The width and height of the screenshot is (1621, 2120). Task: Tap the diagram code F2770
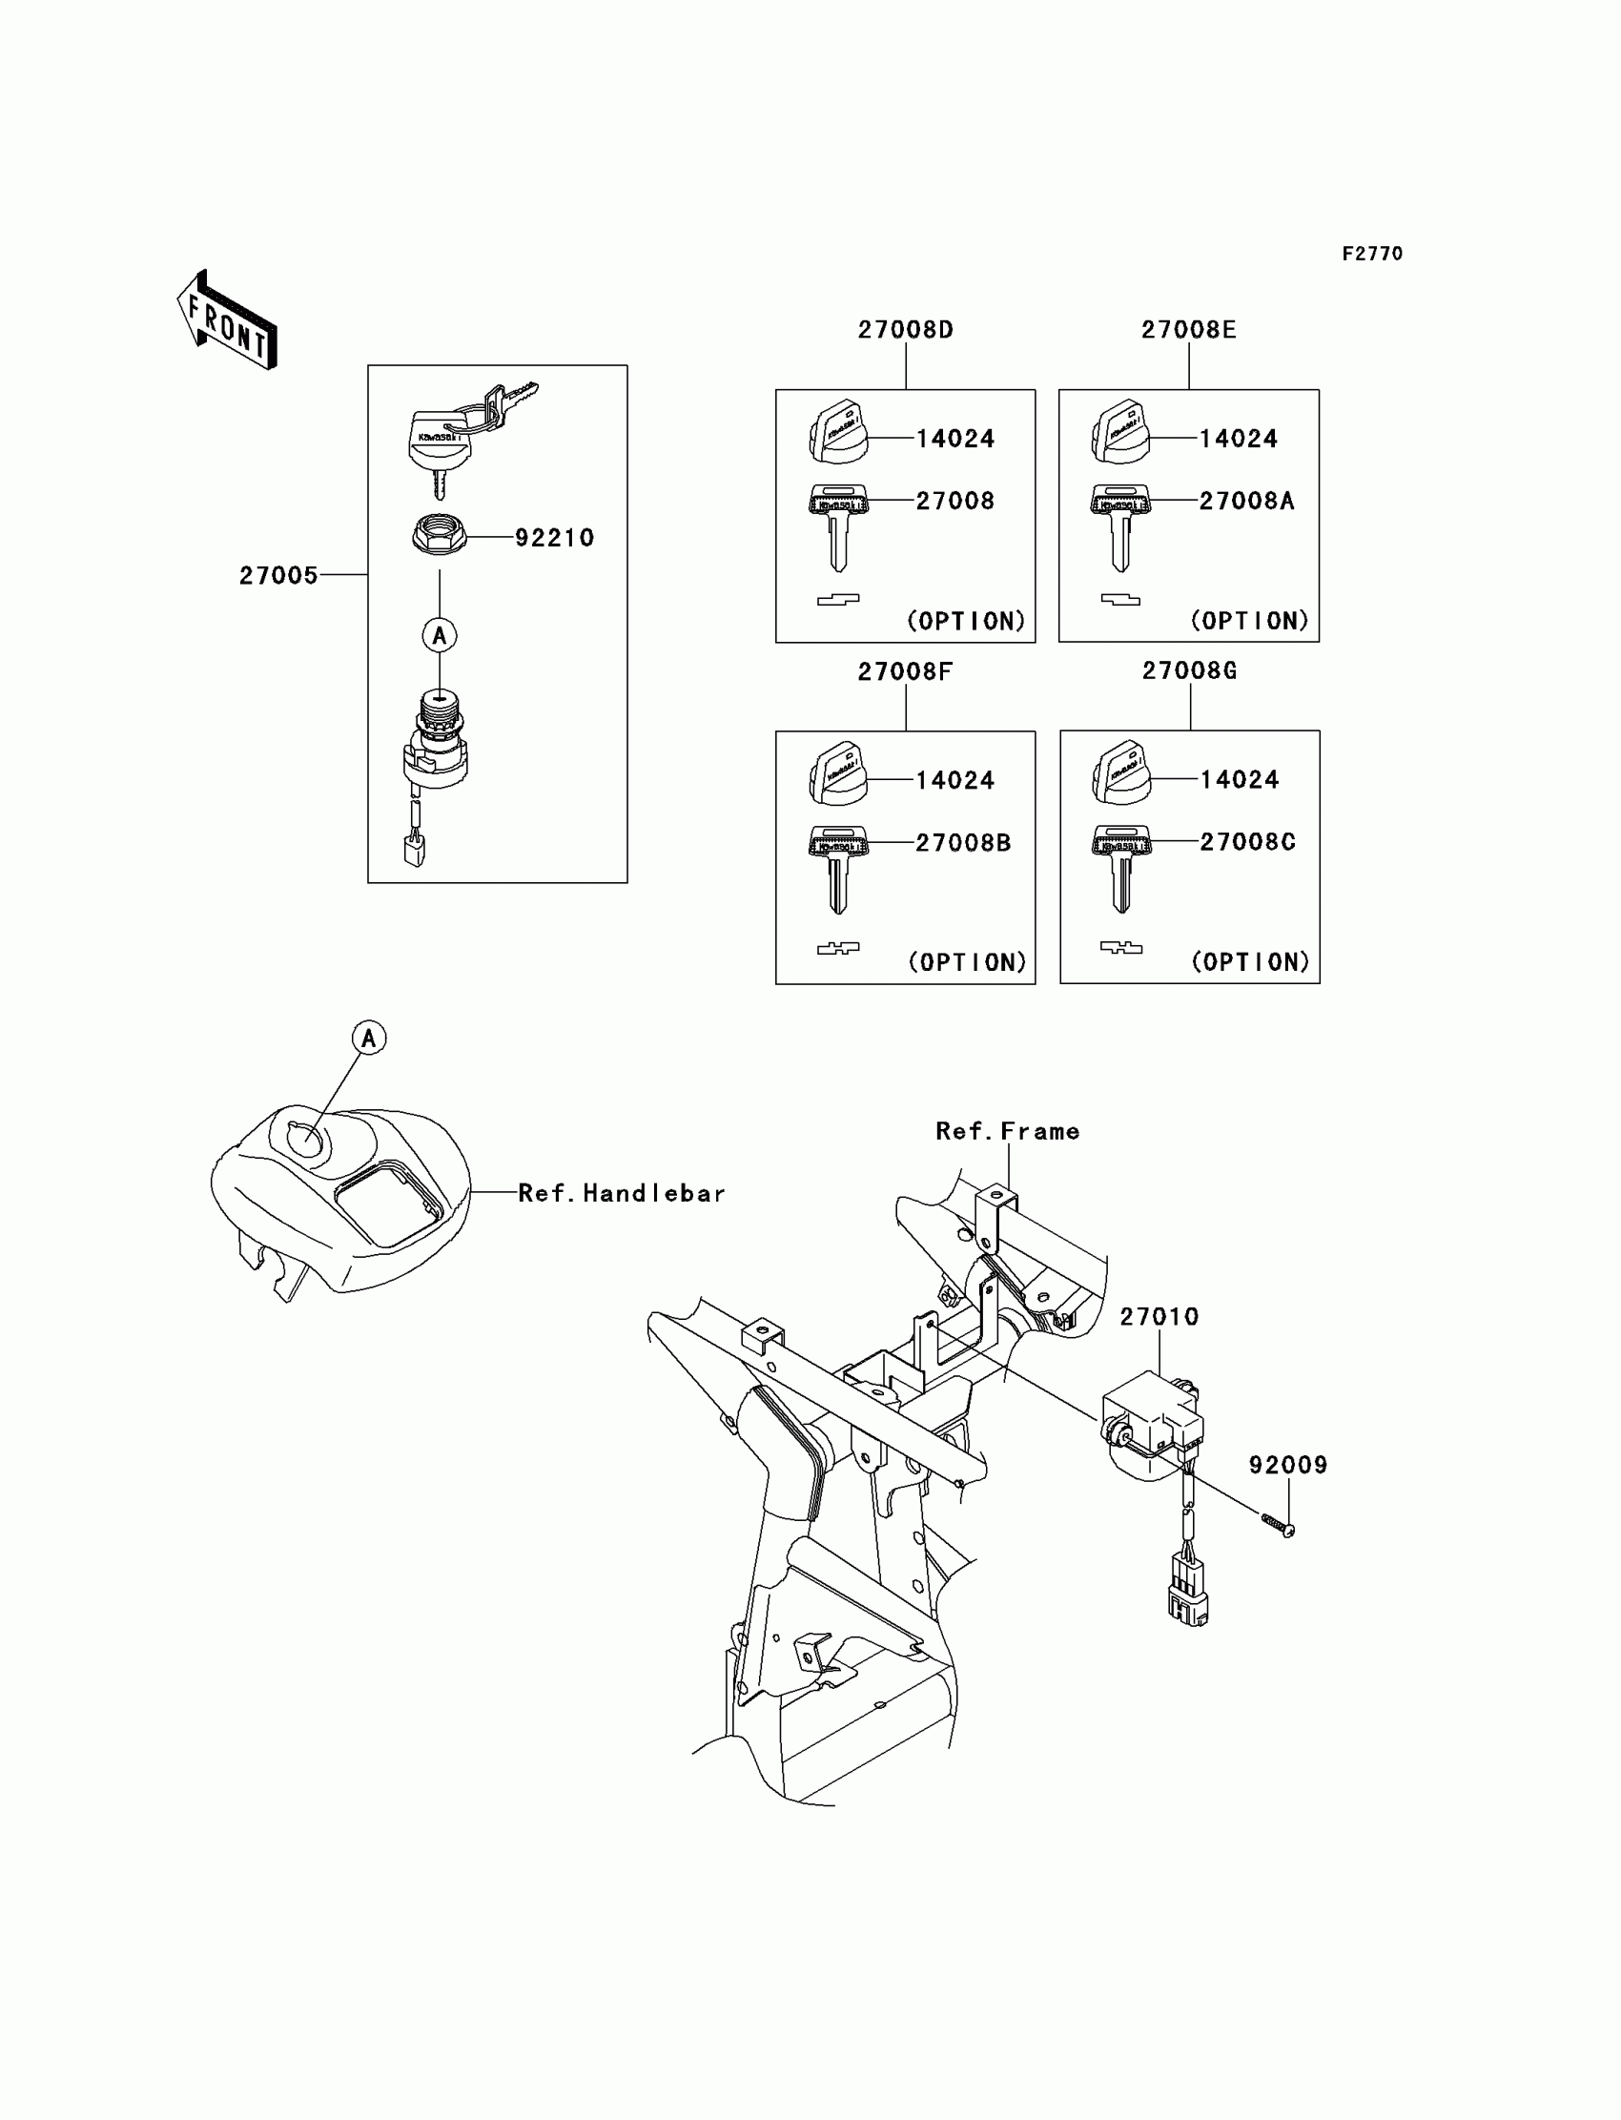point(1372,254)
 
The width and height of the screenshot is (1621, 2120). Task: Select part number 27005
point(277,575)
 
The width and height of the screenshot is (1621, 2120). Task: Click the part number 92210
point(554,538)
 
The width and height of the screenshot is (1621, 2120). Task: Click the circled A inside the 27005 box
point(439,635)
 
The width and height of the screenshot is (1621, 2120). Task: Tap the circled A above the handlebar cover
point(369,1039)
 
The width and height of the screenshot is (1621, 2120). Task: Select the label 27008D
point(905,330)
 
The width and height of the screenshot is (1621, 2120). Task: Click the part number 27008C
point(1246,841)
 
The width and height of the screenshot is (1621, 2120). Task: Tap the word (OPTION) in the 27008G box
point(1250,961)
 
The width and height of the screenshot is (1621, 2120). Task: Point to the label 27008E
point(1188,330)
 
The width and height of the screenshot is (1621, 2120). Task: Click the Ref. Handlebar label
point(622,1194)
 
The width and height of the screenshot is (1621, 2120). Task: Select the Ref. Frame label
point(1007,1131)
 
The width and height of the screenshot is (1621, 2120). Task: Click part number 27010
point(1159,1317)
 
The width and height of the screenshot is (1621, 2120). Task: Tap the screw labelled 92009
point(1278,1525)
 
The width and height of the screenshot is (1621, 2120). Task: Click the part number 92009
point(1288,1465)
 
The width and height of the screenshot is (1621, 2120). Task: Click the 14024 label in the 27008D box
point(954,439)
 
